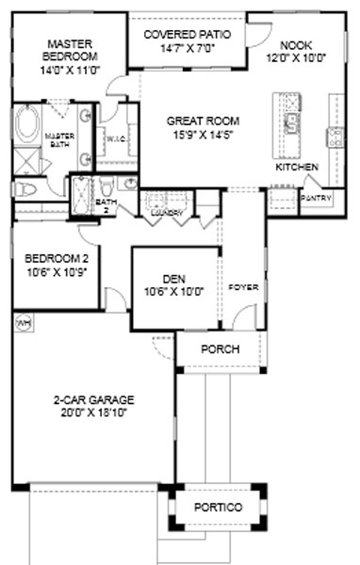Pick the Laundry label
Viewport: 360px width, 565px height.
pos(167,212)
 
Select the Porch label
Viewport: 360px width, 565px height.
pos(220,349)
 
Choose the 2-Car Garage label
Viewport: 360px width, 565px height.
pos(90,398)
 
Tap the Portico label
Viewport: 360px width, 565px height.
pos(219,508)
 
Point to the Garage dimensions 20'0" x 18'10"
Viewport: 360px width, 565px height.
pos(90,412)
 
